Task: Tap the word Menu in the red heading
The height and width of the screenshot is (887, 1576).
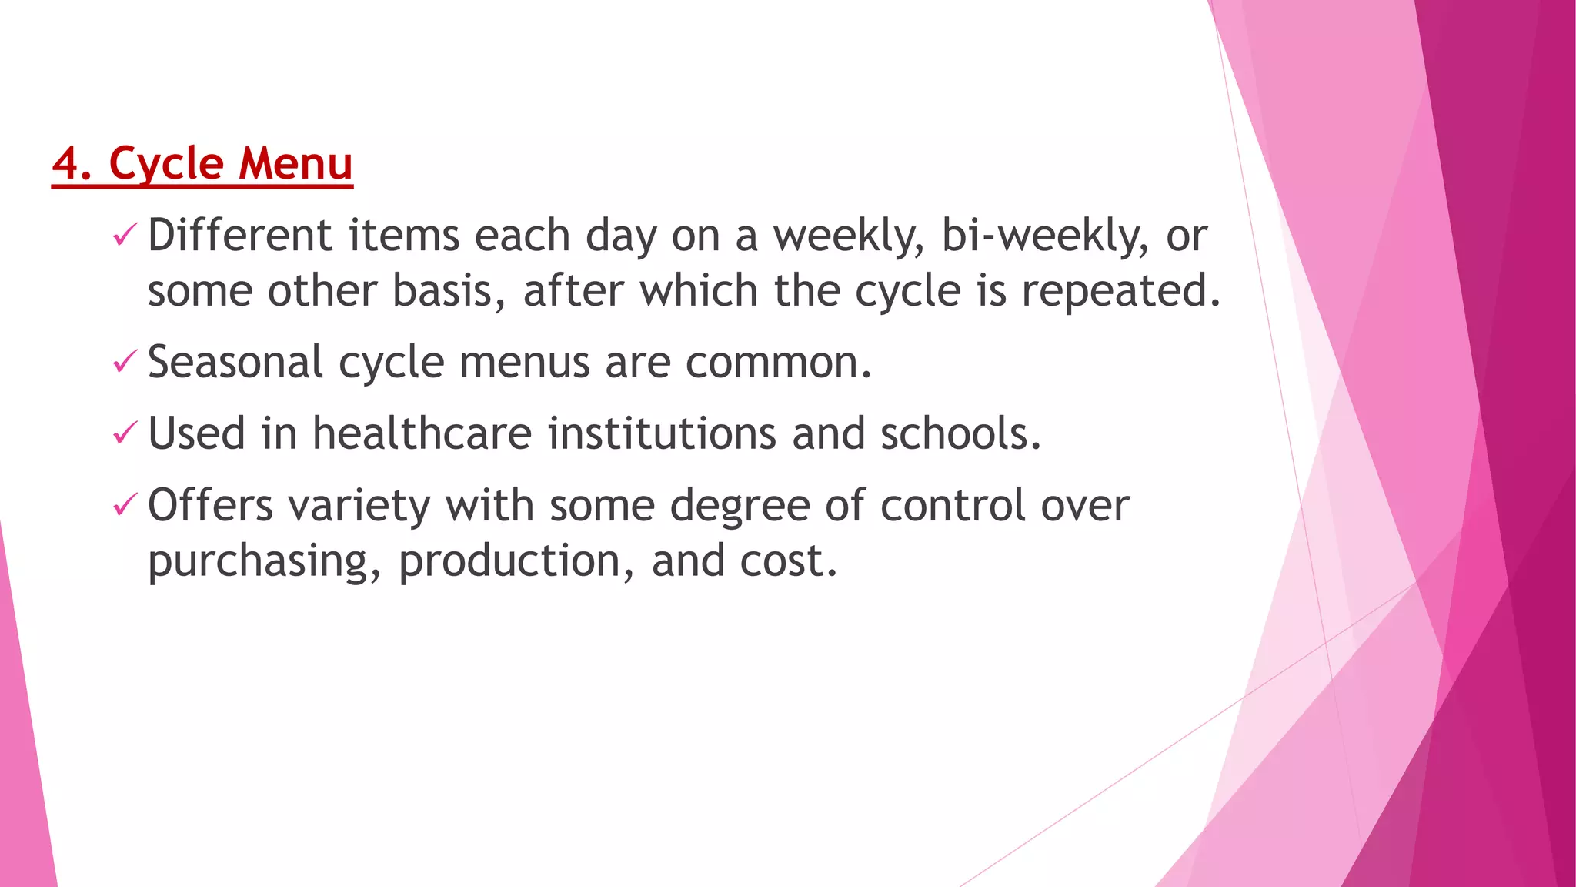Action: coord(295,163)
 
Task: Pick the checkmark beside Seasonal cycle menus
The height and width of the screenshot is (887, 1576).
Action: coord(125,361)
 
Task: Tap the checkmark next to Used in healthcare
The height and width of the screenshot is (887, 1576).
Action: coord(125,433)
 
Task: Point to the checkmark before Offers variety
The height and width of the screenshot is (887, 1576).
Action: coord(125,505)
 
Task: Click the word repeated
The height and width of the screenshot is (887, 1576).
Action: coord(1120,291)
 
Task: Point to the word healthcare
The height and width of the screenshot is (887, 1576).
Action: coord(422,433)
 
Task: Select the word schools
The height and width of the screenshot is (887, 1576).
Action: coord(960,433)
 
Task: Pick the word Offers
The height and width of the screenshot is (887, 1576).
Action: coord(210,506)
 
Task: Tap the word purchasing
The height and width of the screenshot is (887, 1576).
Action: coord(264,561)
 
